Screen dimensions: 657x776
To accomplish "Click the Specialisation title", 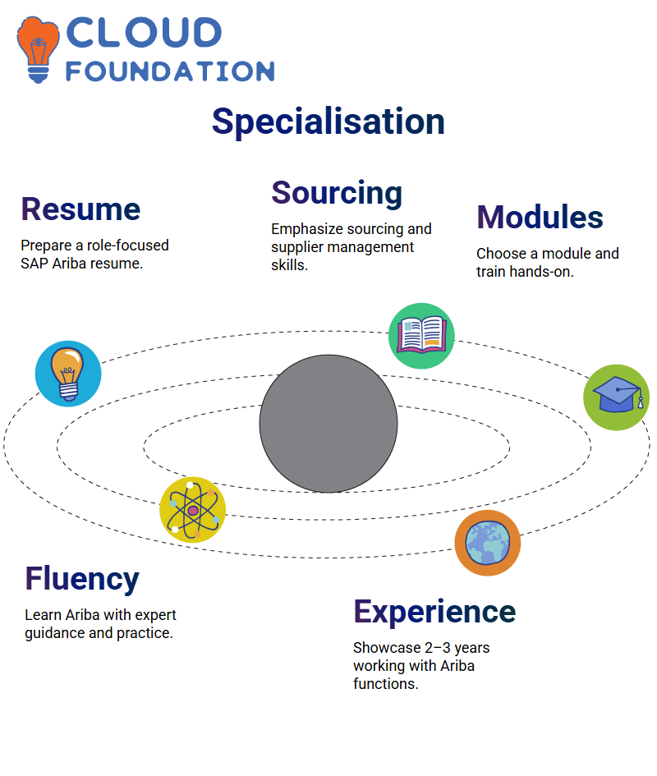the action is tap(328, 122).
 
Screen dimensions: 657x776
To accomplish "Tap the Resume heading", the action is tap(80, 209).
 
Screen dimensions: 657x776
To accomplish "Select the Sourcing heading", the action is tap(337, 194).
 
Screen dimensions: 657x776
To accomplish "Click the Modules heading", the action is tap(540, 218).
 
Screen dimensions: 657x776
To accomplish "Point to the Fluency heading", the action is tap(82, 579).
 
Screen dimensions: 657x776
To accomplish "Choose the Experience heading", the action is tap(434, 613).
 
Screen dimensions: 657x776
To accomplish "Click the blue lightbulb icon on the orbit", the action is tap(68, 374).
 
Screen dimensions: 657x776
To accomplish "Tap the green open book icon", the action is tap(421, 336).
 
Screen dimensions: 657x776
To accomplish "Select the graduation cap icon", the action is tap(617, 397).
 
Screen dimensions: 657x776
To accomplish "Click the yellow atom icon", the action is tap(193, 510).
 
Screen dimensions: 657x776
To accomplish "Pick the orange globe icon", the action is tap(488, 543).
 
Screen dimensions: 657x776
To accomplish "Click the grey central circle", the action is tap(328, 424).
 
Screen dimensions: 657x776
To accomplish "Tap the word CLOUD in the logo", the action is tap(144, 33).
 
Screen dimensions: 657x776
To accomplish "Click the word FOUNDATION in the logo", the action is tap(170, 71).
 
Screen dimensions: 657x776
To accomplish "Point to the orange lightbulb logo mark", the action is tap(38, 49).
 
